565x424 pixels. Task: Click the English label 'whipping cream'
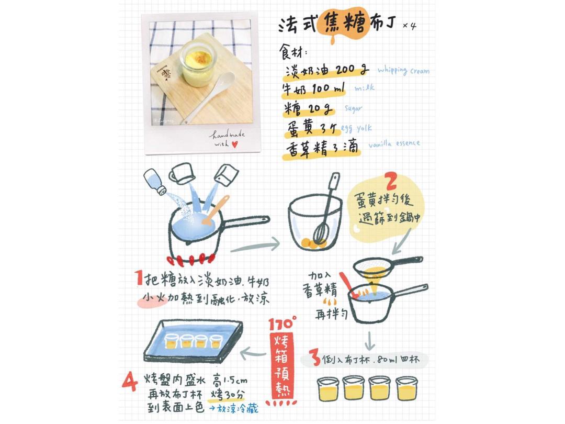[x=403, y=70]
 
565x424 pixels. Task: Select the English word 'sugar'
[x=353, y=108]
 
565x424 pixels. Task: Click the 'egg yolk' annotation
[x=357, y=128]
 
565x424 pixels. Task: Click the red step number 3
[x=314, y=360]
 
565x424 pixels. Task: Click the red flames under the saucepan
[x=191, y=258]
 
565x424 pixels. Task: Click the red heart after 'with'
[x=234, y=144]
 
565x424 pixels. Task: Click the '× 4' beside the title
[x=410, y=26]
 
